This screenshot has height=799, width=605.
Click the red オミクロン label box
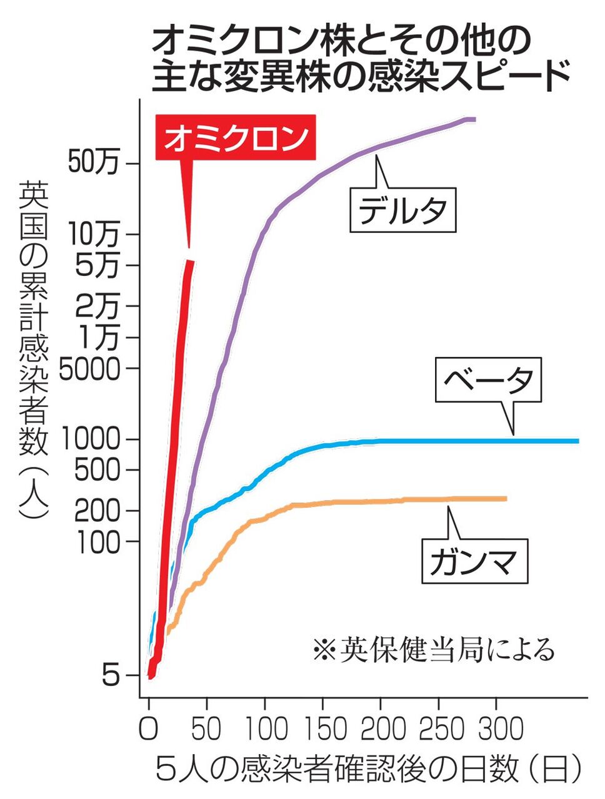pos(236,139)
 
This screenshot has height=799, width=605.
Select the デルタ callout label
pos(402,210)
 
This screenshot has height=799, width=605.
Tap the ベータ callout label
pos(488,380)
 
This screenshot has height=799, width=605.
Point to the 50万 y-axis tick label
pos(94,163)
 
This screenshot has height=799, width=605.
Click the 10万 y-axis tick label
pos(94,234)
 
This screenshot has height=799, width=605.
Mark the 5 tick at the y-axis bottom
pos(111,675)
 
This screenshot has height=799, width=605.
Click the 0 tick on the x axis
pos(148,728)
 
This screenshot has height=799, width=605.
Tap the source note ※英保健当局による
pos(433,650)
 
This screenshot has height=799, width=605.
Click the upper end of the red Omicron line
pos(191,262)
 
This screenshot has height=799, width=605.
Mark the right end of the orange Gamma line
pos(505,498)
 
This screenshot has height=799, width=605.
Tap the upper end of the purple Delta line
pos(474,119)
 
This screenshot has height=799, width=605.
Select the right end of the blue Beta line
pos(577,441)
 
